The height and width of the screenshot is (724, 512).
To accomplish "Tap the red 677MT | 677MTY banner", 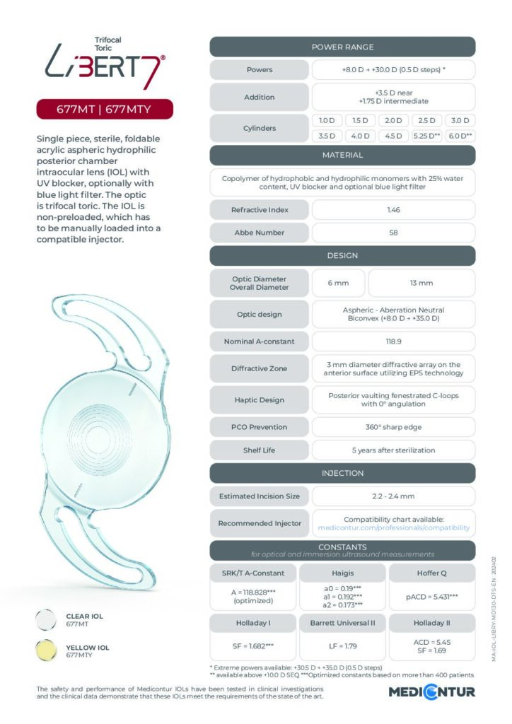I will (104, 109).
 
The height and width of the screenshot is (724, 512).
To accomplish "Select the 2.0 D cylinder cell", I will (393, 121).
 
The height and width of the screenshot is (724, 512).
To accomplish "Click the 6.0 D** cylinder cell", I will (460, 136).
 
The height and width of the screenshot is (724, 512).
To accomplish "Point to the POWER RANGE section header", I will (342, 47).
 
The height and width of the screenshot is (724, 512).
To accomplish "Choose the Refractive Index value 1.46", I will (393, 210).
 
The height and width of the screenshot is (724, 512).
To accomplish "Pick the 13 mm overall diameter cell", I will (421, 283).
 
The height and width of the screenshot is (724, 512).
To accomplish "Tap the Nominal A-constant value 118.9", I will (393, 341).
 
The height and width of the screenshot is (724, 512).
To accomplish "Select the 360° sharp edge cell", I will (393, 427).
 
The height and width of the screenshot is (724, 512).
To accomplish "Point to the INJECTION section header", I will (342, 473).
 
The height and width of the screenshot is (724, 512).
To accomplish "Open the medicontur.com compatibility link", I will (393, 527).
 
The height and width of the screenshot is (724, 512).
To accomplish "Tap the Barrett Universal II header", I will (342, 623).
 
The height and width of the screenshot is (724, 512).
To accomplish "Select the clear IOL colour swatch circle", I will (47, 619).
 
